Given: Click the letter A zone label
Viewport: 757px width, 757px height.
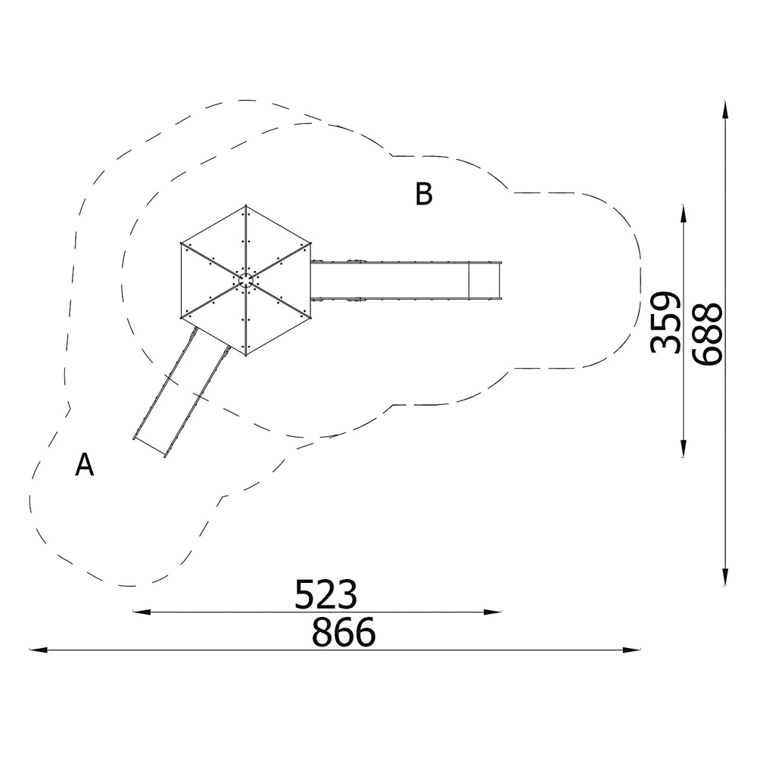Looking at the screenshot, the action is tap(85, 465).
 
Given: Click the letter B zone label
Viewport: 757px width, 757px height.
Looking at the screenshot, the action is tap(424, 194).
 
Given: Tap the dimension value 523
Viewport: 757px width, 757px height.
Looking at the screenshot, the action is tap(326, 594).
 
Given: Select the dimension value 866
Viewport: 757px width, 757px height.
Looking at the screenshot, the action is tap(343, 632).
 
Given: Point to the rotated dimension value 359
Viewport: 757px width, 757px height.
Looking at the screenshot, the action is tap(665, 322).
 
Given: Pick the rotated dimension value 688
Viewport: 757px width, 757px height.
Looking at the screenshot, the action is tap(707, 333).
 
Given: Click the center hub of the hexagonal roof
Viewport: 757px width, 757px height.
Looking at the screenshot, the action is tap(246, 280).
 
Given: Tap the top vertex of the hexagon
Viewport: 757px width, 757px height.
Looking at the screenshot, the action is tap(246, 206).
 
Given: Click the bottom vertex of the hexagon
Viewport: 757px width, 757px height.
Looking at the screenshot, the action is tap(246, 355).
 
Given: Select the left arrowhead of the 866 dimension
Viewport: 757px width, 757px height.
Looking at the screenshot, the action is tap(38, 650).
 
